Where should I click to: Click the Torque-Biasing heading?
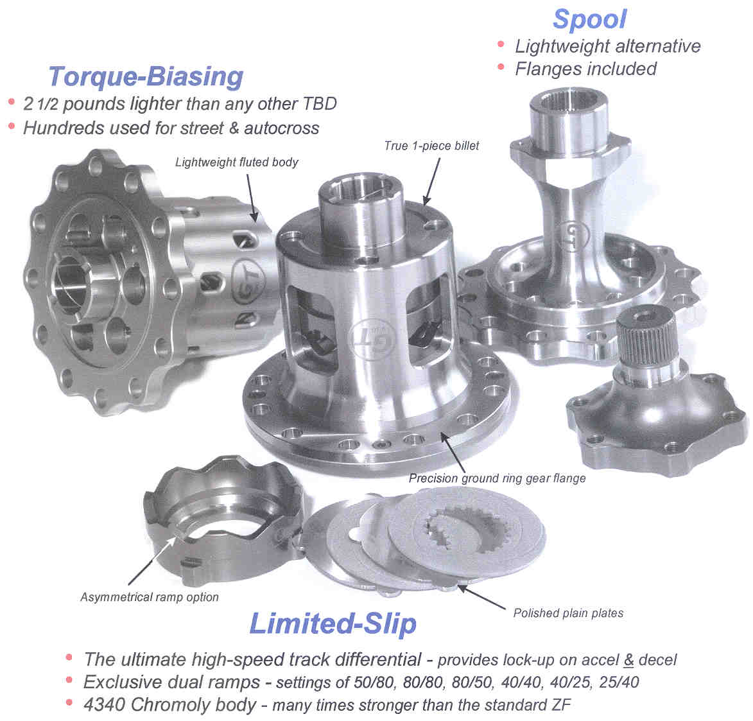click(x=146, y=77)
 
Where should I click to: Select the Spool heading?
click(x=590, y=20)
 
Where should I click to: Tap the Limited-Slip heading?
click(x=333, y=624)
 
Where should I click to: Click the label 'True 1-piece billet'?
click(x=431, y=146)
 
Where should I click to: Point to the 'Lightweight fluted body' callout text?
click(x=236, y=162)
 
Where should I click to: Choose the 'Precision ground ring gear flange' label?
click(x=497, y=478)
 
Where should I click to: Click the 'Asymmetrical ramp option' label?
click(x=150, y=597)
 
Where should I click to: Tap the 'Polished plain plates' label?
click(x=568, y=613)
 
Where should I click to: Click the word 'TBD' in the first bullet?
click(x=319, y=104)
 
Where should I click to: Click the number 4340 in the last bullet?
click(x=104, y=705)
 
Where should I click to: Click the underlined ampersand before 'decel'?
click(x=628, y=661)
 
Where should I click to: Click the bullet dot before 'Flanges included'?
click(x=501, y=67)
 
